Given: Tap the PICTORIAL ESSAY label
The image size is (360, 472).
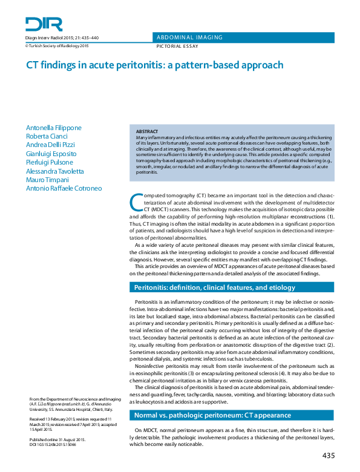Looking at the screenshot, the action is click(177, 46).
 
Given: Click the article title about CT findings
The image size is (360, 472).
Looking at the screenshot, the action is click(154, 64).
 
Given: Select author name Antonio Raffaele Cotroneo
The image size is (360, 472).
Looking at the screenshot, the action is click(64, 188).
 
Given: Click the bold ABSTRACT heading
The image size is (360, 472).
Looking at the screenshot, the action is click(147, 131).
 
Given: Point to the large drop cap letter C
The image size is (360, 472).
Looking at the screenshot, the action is click(137, 203).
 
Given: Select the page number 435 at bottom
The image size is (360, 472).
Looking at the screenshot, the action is click(329, 455).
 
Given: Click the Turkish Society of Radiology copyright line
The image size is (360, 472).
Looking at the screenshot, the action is click(57, 45).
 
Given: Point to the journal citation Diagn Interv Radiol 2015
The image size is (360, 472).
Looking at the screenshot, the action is click(62, 38).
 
